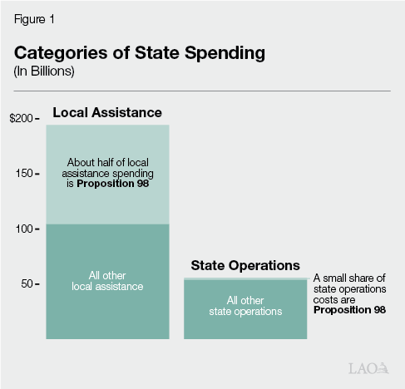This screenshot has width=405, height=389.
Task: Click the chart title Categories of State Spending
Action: click(x=139, y=52)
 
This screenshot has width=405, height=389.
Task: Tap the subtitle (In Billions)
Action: click(x=43, y=71)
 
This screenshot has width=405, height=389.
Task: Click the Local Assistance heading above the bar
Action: click(x=107, y=112)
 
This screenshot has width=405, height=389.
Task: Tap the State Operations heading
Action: click(x=245, y=266)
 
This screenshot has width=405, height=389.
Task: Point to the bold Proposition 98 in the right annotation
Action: click(x=349, y=309)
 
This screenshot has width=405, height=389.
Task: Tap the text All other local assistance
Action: click(x=107, y=281)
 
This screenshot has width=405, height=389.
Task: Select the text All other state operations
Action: click(x=245, y=306)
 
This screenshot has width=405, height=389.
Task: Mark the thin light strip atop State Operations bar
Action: click(x=245, y=278)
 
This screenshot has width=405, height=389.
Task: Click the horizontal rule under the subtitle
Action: click(x=202, y=90)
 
